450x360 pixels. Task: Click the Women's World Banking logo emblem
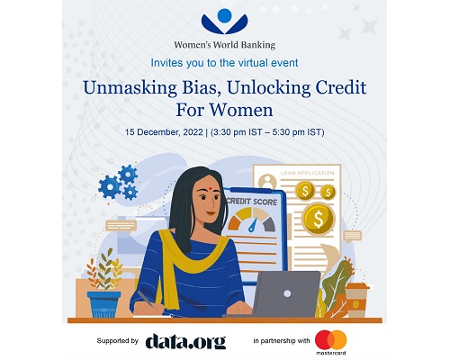[x=225, y=22]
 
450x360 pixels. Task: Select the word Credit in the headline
[x=341, y=87]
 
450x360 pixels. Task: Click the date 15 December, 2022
[x=164, y=132]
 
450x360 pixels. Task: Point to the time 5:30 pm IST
[x=297, y=132]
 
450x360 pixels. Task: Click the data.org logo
[x=185, y=341]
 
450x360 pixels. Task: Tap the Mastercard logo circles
[x=331, y=340]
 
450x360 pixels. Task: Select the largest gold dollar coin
[x=318, y=219]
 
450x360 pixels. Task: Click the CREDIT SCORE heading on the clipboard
[x=252, y=202]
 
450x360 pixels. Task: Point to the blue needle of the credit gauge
[x=252, y=226]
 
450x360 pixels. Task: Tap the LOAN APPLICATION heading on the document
[x=307, y=173]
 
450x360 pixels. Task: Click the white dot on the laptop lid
[x=287, y=293]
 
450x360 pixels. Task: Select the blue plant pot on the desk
[x=104, y=304]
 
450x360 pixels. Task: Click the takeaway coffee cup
[x=355, y=300]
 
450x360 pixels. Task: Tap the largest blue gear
[x=110, y=187]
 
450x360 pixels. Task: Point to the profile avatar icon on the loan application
[x=267, y=182]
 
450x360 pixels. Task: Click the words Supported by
[x=117, y=341]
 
